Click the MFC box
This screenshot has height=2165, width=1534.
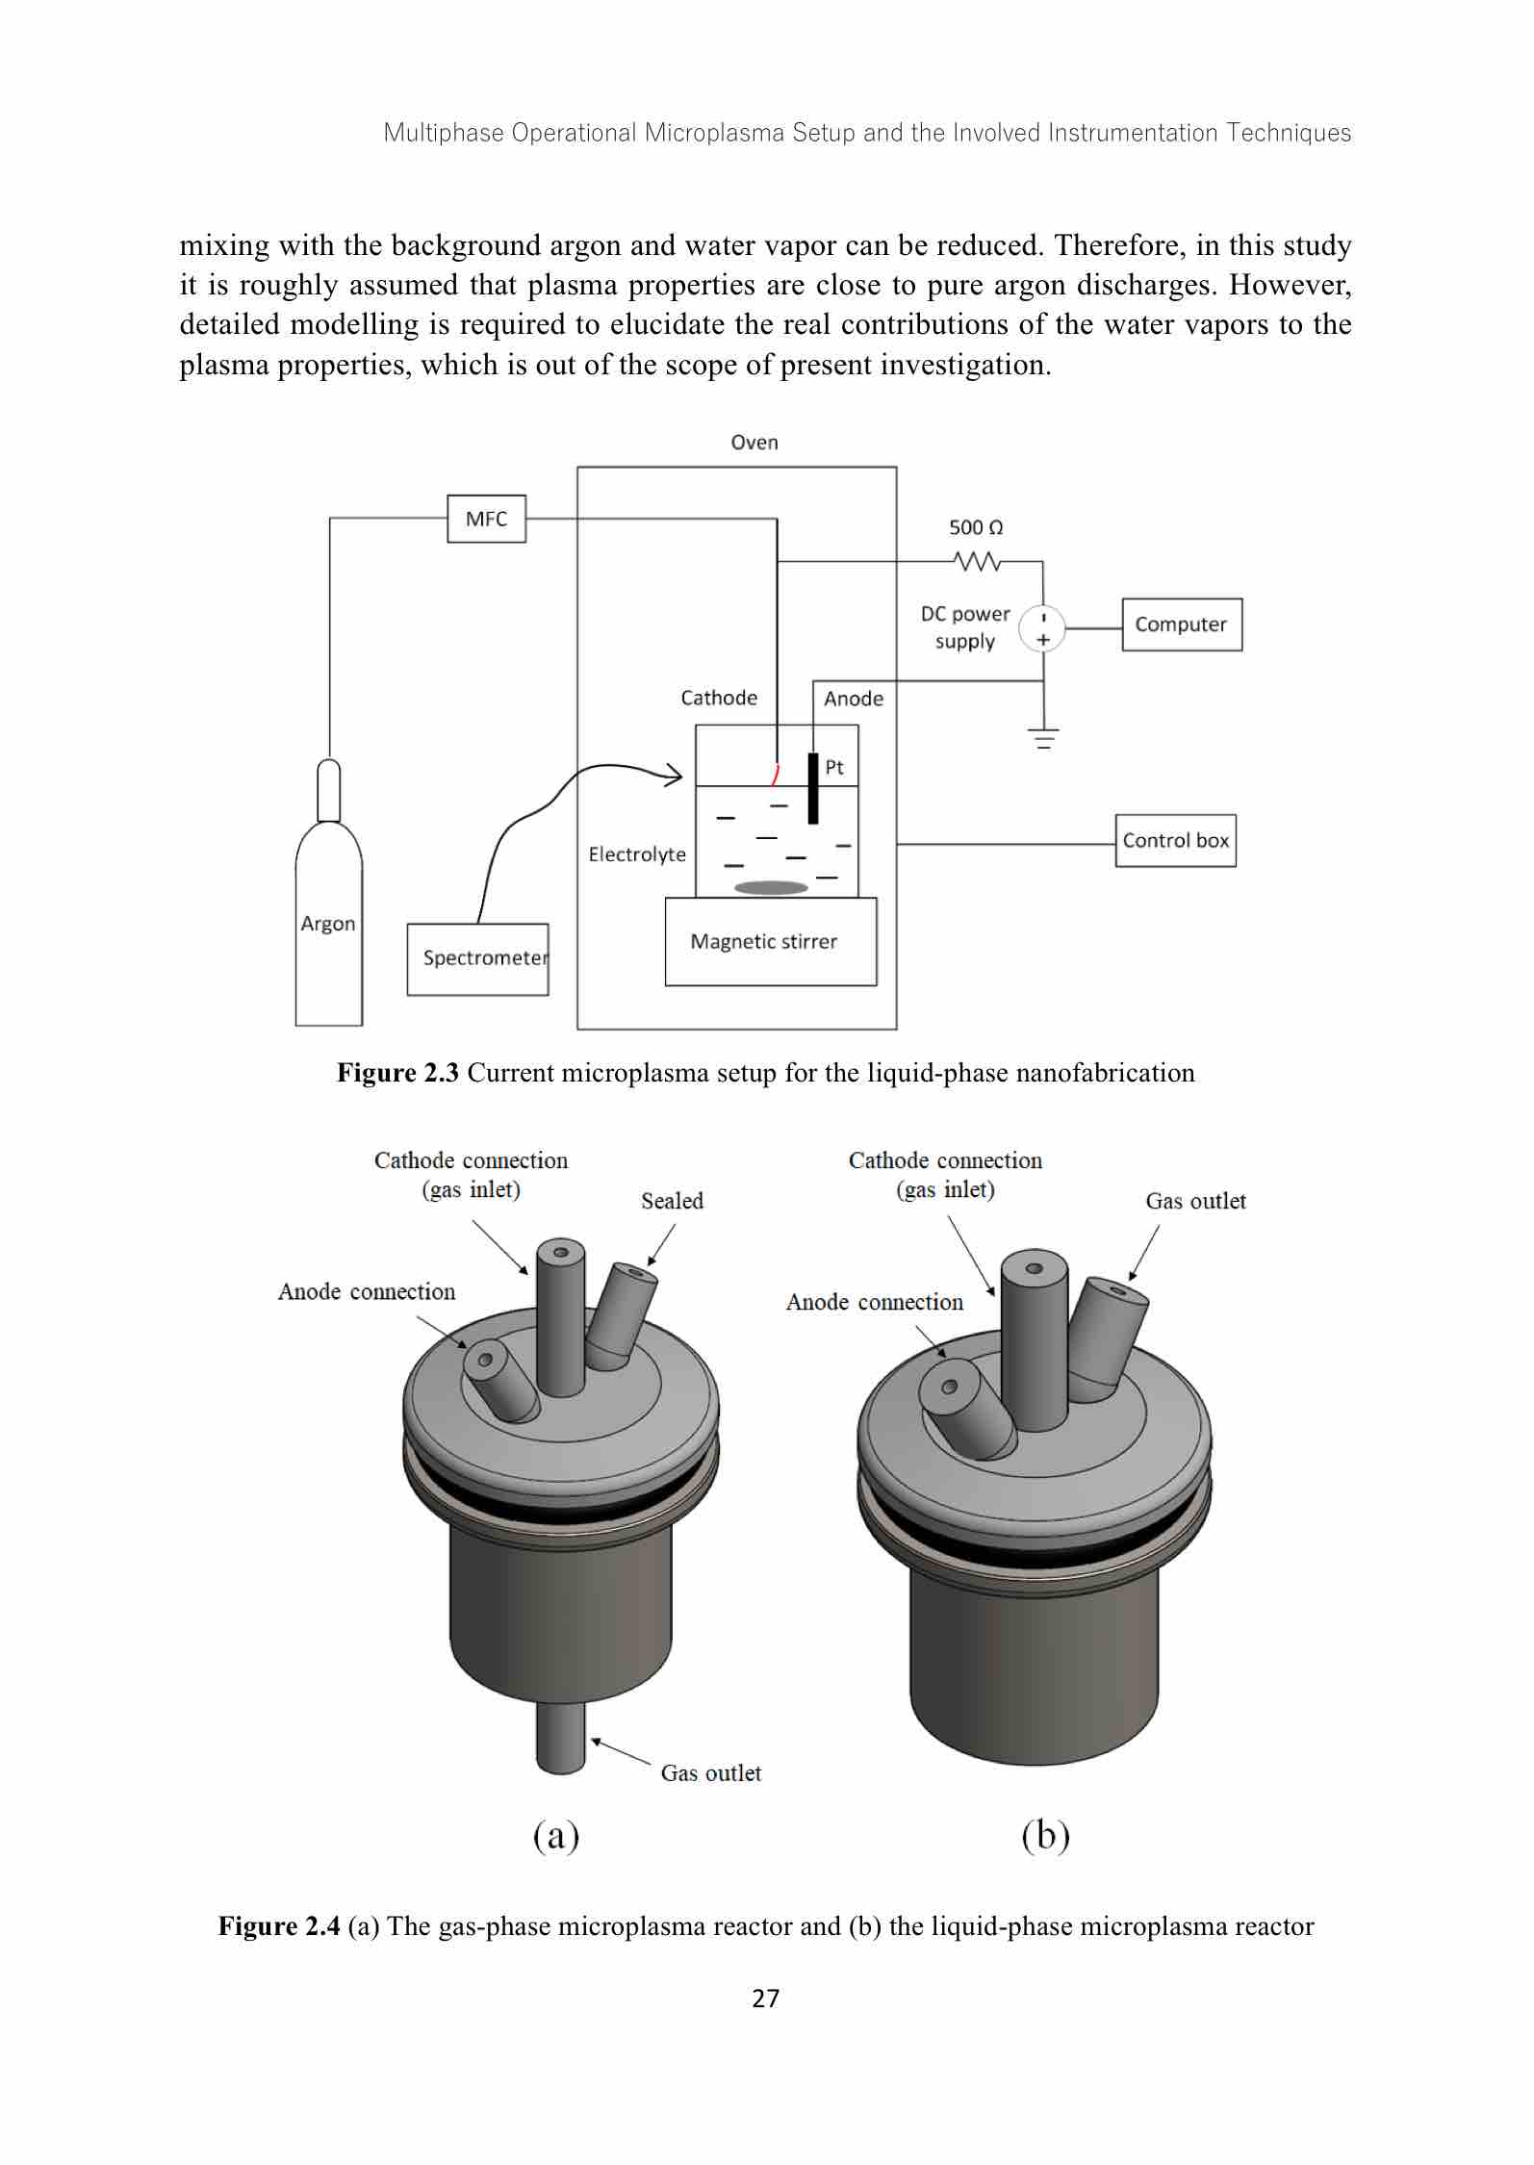486,519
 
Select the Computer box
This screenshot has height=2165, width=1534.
1181,624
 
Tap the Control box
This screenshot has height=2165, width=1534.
1175,841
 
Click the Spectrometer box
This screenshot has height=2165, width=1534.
477,958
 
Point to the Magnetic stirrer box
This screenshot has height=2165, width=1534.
770,941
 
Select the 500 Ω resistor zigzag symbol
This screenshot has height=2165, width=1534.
977,561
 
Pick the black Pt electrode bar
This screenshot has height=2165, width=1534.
813,789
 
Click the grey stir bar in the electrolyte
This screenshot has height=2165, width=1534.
771,887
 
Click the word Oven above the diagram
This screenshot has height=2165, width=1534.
754,443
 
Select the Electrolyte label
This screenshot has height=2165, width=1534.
637,854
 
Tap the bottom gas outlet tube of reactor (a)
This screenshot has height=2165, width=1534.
560,1736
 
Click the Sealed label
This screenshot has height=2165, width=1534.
672,1201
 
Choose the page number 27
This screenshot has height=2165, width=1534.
765,1999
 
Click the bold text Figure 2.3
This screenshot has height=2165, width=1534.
397,1073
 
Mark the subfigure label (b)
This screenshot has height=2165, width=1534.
1045,1836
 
